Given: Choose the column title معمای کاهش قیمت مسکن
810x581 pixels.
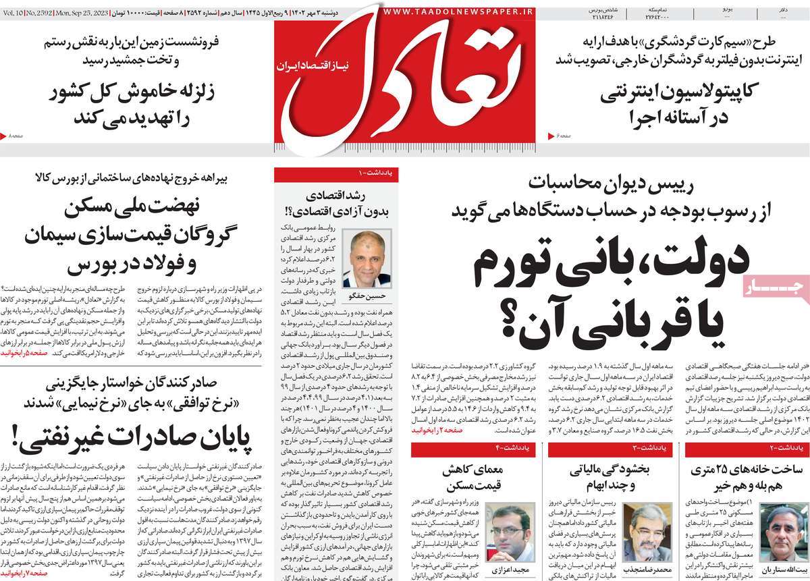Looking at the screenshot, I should (x=466, y=480).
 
